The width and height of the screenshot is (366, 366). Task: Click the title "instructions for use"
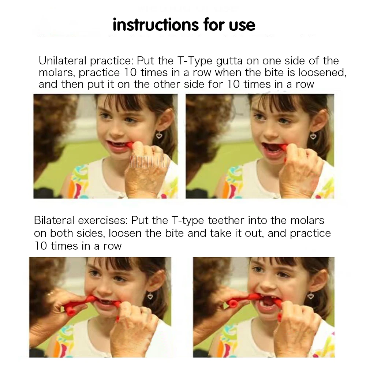click(184, 25)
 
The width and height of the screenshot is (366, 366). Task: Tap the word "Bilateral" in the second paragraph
click(55, 221)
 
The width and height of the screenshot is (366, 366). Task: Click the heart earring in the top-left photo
click(159, 135)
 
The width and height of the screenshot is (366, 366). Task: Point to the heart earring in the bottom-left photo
click(150, 295)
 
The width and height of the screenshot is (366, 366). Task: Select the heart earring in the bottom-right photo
click(311, 295)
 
